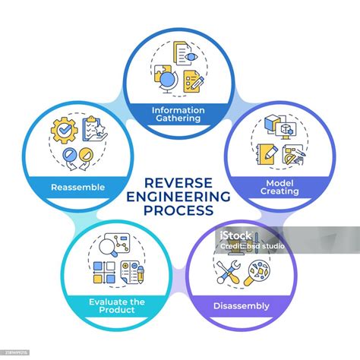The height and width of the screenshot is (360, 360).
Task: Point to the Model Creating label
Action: (x=279, y=187)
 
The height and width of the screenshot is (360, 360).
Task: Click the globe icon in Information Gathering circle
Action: (x=169, y=81)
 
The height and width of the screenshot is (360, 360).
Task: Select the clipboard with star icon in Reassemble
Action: (x=94, y=129)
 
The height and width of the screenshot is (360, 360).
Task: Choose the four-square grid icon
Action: (x=104, y=272)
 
